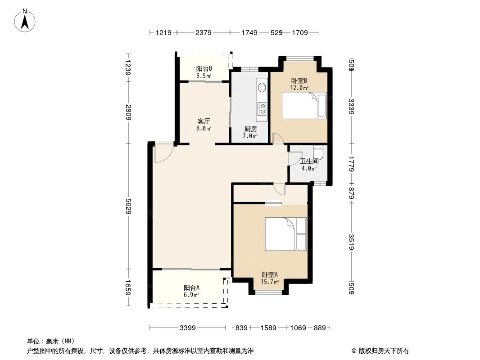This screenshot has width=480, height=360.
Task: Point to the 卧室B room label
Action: pos(299,81)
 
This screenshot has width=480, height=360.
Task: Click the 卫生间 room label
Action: pos(309,161)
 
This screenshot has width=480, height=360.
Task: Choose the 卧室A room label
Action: pos(270,275)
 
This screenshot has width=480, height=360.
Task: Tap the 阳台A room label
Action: pos(191,288)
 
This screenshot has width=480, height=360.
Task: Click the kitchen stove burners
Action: pos(261,108)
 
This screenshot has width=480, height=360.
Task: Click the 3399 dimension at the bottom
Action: pos(187,328)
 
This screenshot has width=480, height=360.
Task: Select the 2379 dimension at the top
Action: pos(203,32)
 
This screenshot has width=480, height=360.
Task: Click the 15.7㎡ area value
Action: pos(270,282)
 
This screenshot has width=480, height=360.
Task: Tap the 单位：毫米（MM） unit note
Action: pos(50,341)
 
